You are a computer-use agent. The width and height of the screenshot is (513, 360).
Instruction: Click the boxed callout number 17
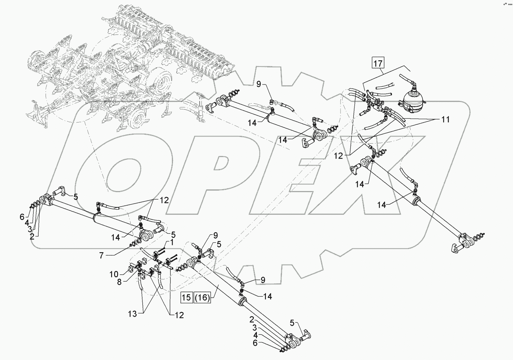click(x=378, y=63)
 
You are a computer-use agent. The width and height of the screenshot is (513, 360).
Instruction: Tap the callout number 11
click(x=446, y=120)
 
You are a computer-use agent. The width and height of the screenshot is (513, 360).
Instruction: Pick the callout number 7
click(x=101, y=255)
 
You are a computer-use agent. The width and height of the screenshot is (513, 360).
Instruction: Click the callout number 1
click(x=172, y=243)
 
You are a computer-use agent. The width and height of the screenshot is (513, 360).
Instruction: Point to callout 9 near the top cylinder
click(x=258, y=85)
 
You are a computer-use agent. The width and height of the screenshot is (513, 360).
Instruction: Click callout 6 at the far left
click(x=22, y=217)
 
